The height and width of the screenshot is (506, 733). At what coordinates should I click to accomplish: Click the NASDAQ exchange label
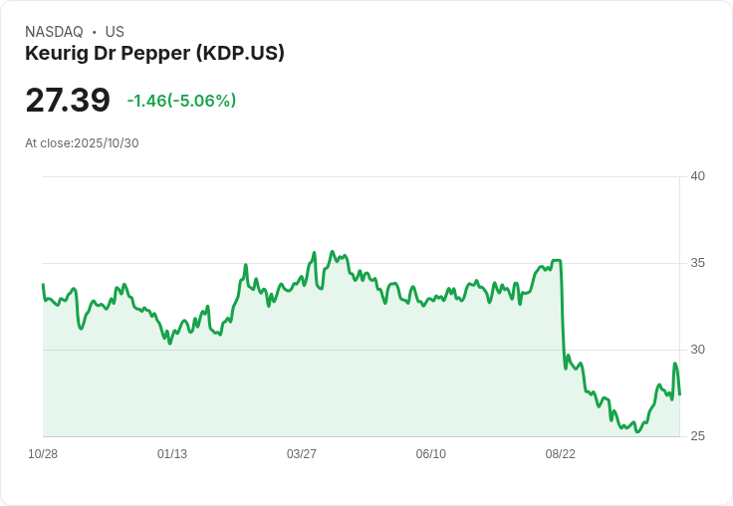(54, 32)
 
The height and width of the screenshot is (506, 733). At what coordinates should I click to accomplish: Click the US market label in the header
(115, 32)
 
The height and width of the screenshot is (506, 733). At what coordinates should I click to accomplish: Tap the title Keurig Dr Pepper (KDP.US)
(154, 53)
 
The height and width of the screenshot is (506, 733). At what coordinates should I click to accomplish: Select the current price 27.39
(68, 101)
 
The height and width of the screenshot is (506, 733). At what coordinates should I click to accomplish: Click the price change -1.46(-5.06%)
(181, 101)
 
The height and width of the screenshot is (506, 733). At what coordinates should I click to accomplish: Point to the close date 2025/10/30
(107, 143)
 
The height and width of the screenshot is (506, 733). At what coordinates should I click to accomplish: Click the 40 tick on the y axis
(697, 176)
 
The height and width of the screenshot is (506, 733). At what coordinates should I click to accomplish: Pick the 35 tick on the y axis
(697, 263)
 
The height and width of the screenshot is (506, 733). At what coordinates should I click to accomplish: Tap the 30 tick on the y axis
(697, 350)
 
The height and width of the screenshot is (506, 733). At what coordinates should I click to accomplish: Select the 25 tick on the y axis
(697, 436)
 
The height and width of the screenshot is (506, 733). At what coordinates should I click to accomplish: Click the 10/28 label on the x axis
(43, 454)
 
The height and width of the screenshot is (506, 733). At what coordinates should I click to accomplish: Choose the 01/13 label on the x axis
(172, 454)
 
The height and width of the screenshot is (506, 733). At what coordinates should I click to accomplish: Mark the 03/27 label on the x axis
(302, 454)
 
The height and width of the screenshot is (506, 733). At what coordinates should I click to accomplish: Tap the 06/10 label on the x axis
(431, 454)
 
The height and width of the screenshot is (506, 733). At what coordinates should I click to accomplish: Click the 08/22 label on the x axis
(561, 454)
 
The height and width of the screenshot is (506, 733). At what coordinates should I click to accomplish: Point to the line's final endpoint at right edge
(679, 394)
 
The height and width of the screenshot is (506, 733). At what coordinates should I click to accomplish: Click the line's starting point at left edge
(43, 285)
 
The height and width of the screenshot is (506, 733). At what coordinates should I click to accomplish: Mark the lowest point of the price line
(637, 432)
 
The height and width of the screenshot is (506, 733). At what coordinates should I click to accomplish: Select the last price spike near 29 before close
(675, 364)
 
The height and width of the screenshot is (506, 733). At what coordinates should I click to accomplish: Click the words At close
(49, 143)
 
